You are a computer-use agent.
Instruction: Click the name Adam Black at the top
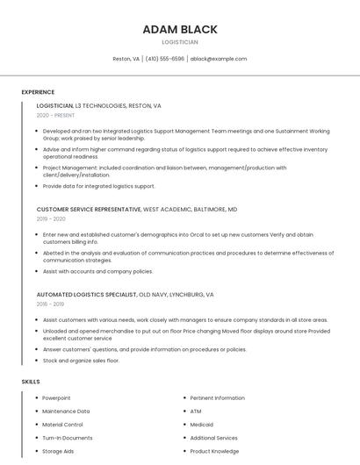(x=180, y=30)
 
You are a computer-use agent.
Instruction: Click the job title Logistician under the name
(x=180, y=42)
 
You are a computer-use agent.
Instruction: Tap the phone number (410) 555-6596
(x=164, y=59)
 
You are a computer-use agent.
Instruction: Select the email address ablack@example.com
(x=219, y=59)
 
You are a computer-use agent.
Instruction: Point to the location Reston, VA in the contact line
(x=126, y=59)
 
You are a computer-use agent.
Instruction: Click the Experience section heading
(x=38, y=92)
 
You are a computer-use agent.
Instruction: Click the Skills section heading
(x=31, y=382)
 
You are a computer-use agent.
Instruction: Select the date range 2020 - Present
(x=55, y=115)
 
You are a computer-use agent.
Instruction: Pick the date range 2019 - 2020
(x=51, y=219)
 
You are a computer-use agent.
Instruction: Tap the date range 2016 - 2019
(x=50, y=304)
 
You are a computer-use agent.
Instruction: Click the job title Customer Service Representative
(x=89, y=210)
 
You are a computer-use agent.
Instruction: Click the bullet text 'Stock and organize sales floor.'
(x=81, y=361)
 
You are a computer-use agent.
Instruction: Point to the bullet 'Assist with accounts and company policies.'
(x=97, y=271)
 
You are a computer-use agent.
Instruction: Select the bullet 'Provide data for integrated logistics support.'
(x=98, y=186)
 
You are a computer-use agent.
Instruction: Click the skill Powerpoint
(x=56, y=398)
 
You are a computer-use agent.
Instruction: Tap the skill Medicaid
(x=202, y=425)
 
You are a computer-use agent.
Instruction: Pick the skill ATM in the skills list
(x=196, y=411)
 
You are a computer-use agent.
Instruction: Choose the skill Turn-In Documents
(x=68, y=438)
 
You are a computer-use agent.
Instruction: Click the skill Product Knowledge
(x=214, y=451)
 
